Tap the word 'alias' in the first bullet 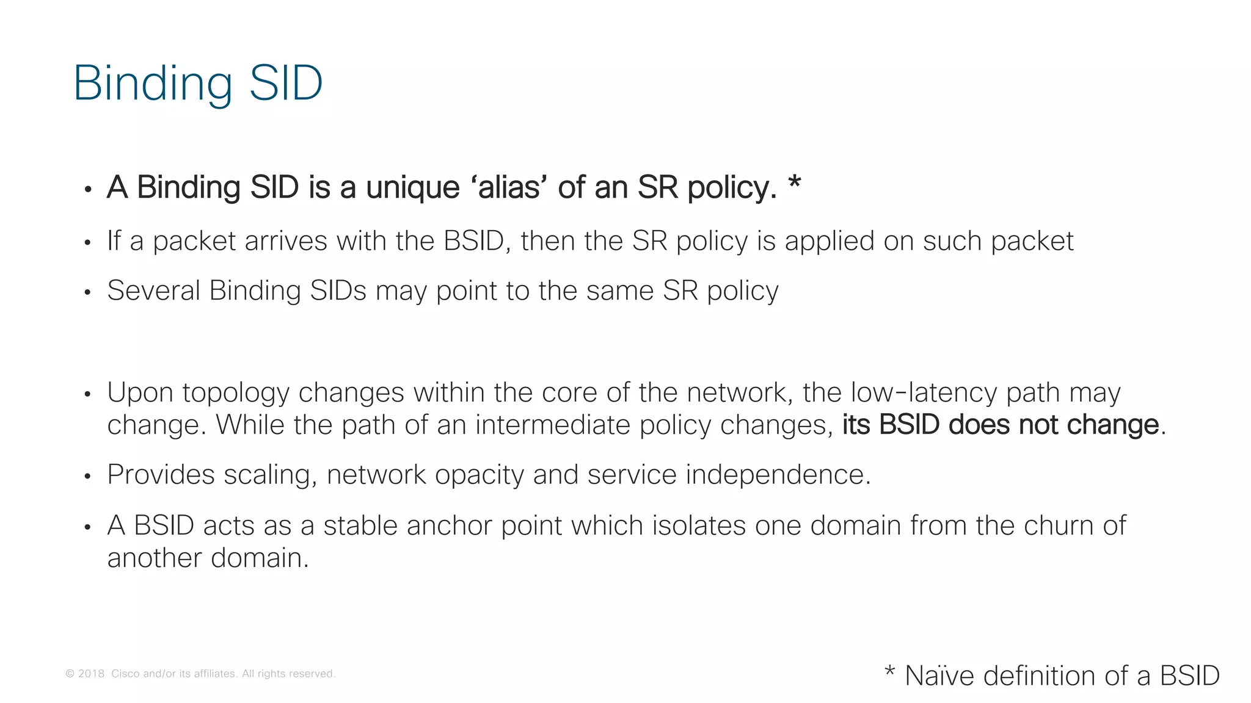pos(509,187)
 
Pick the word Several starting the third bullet pos(153,290)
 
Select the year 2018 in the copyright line pos(91,674)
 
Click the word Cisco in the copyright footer pos(125,674)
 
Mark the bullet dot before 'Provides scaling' pos(88,476)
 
